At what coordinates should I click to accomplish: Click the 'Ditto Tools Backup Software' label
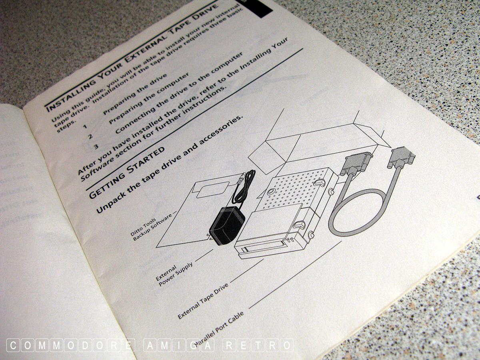[x=152, y=227]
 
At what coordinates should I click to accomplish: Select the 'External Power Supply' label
[x=175, y=274]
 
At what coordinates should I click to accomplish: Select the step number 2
[x=90, y=137]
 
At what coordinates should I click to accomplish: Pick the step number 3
[x=96, y=147]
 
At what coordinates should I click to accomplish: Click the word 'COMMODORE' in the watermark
[x=71, y=345]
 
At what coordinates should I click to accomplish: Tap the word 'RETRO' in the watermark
[x=258, y=345]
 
